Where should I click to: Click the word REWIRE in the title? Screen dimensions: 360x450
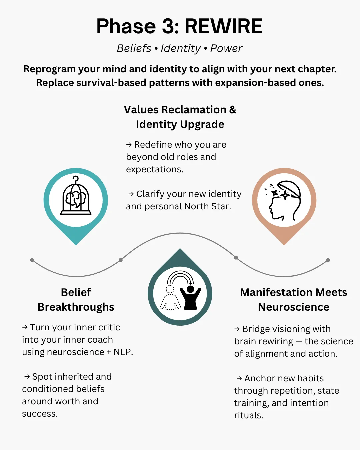[223, 26]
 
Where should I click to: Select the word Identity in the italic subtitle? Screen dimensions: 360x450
[181, 49]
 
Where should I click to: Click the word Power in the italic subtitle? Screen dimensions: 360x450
[226, 49]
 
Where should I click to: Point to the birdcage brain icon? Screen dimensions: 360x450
[76, 195]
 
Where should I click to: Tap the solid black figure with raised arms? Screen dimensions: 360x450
[190, 297]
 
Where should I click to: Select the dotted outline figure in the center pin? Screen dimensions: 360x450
[170, 298]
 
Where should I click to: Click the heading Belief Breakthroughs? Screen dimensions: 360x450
[76, 299]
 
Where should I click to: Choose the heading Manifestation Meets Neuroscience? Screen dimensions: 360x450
[293, 299]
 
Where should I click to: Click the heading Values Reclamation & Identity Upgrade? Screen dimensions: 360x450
[180, 117]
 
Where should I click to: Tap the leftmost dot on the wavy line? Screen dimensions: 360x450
[32, 260]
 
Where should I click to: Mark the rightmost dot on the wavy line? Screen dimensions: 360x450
[328, 260]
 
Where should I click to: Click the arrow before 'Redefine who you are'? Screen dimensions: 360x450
[129, 144]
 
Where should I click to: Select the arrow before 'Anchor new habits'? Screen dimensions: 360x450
[239, 378]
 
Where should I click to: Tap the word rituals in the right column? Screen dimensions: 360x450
[249, 415]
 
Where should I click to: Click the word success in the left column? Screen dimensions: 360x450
[40, 414]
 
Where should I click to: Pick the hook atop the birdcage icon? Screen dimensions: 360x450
[76, 179]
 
